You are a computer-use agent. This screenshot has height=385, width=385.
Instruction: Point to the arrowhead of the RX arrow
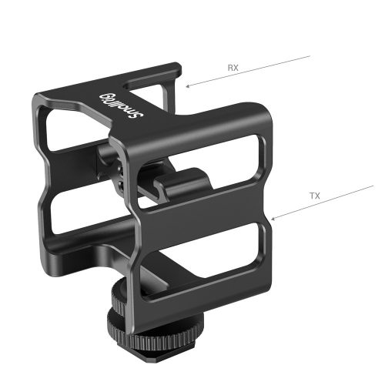187,86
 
